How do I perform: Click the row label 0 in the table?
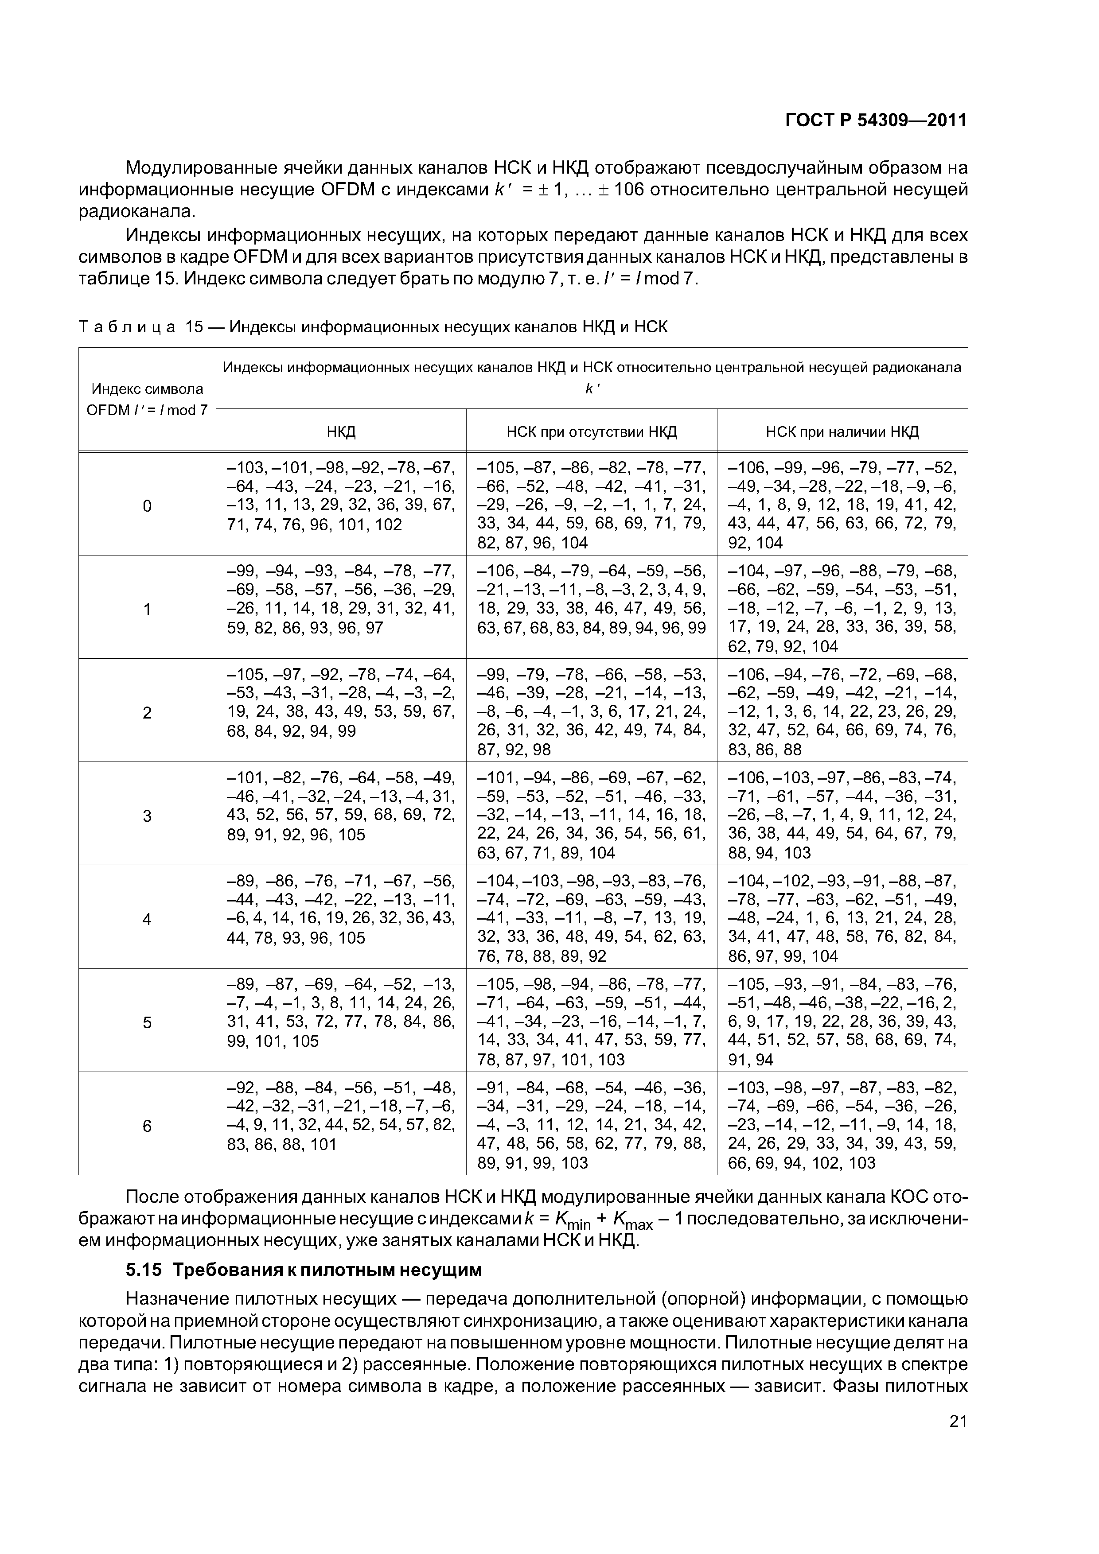click(x=147, y=505)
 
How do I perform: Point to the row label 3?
click(x=147, y=816)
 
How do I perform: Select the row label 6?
click(x=147, y=1126)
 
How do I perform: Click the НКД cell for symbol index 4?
click(x=341, y=909)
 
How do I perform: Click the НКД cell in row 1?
click(x=341, y=599)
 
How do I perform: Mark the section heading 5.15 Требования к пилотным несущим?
click(x=304, y=1270)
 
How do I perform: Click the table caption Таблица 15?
click(x=372, y=327)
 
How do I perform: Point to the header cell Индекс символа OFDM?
click(x=147, y=399)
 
